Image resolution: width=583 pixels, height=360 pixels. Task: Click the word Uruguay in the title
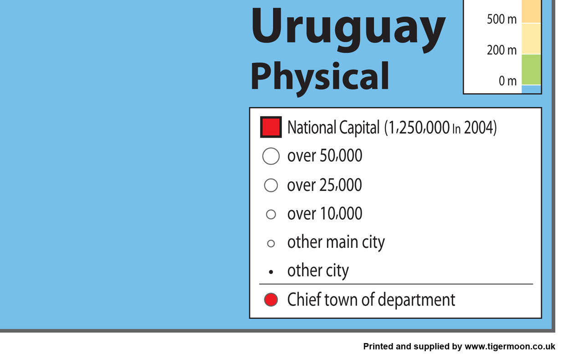(348, 30)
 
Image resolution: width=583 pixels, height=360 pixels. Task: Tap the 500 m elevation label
(501, 19)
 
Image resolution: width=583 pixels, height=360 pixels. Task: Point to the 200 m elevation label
(501, 50)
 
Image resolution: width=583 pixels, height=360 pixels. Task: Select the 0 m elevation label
(507, 81)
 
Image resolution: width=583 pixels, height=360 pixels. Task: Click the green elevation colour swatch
(531, 70)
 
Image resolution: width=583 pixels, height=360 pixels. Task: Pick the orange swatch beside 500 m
(531, 11)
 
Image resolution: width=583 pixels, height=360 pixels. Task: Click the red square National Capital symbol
(271, 127)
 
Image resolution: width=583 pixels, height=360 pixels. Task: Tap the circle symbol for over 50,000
(271, 156)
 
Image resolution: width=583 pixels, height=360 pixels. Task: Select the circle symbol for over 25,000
(271, 185)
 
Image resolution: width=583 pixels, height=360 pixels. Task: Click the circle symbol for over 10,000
(271, 214)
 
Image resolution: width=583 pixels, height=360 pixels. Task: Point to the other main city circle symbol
(271, 243)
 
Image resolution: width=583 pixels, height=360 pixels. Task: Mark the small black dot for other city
(271, 272)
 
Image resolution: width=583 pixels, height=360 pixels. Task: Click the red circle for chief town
(271, 299)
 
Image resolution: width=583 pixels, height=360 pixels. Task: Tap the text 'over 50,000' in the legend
(325, 156)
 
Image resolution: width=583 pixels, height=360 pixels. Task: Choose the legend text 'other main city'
(336, 243)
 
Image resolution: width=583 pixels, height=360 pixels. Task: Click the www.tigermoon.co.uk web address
(510, 346)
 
